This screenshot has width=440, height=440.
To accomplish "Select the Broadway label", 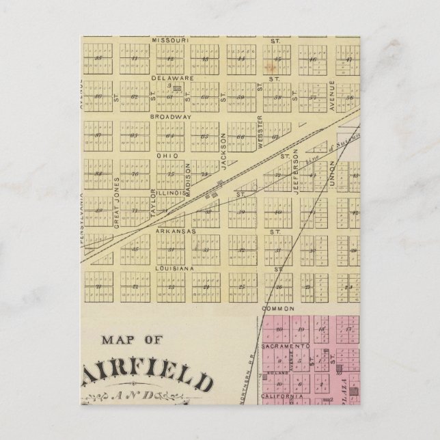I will [169, 116].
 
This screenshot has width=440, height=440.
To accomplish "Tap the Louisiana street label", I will [174, 269].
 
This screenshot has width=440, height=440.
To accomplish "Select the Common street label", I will [271, 308].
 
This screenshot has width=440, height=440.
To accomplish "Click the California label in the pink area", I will [281, 396].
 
